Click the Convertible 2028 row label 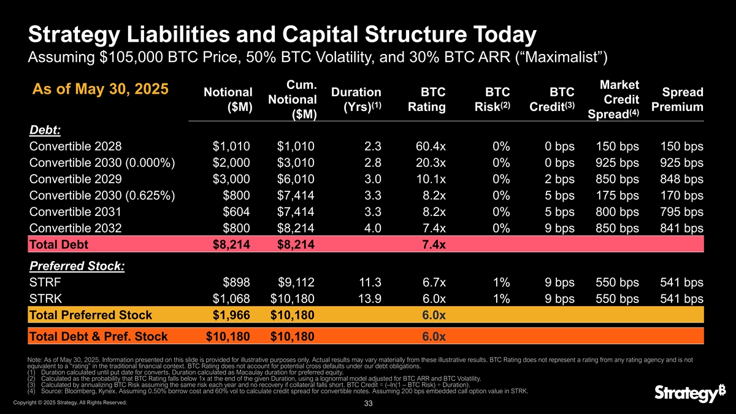75,147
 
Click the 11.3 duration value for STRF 372,283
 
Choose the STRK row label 45,299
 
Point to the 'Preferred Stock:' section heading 77,267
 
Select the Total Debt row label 59,245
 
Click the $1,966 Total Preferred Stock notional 232,315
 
